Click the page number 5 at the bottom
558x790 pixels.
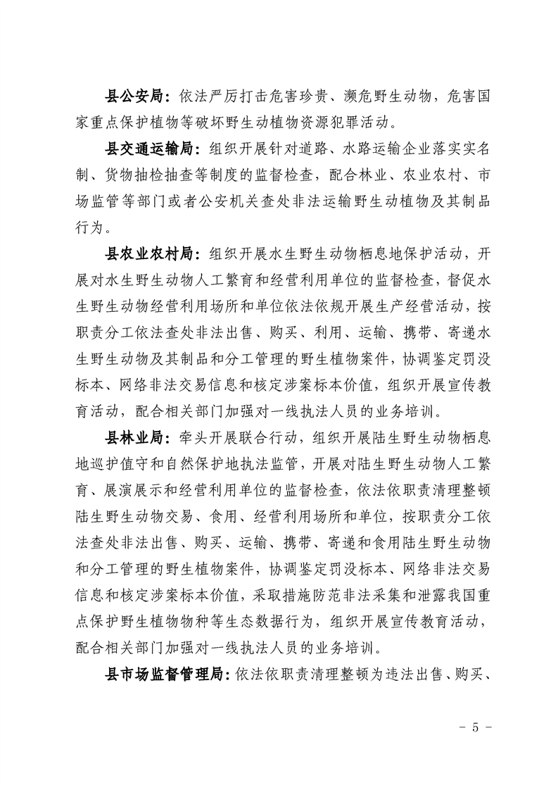[475, 727]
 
